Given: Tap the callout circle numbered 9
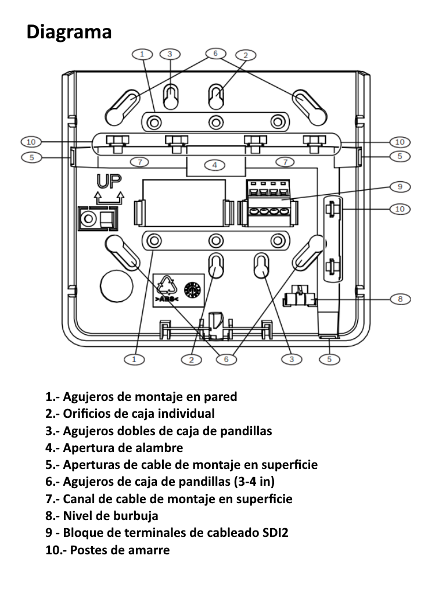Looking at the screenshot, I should (400, 187).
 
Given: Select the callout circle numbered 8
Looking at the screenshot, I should (400, 299).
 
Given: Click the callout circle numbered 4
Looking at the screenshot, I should (215, 165).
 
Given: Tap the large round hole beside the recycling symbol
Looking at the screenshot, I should (114, 285).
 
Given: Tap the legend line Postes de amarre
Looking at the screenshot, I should (107, 549).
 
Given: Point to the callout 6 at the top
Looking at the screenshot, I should (215, 53).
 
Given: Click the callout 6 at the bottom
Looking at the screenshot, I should (226, 360).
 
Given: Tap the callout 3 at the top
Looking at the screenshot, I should (170, 53).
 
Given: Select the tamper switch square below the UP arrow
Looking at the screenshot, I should (96, 219).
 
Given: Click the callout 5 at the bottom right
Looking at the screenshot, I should (329, 359).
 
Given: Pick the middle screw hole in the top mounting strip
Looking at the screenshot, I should (216, 122).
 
